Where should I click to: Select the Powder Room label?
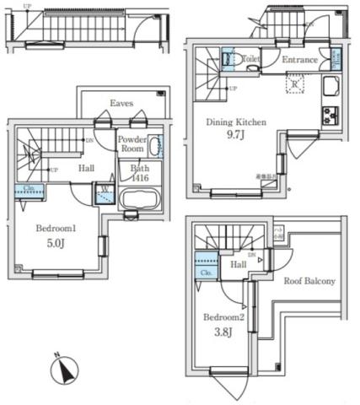click(132, 143)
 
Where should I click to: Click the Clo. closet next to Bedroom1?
click(30, 191)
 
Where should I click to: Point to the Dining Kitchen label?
click(237, 122)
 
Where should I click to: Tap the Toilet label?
click(250, 60)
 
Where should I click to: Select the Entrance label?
click(299, 60)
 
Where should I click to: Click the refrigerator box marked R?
click(296, 84)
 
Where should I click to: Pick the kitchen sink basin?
click(330, 86)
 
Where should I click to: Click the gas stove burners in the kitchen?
click(329, 116)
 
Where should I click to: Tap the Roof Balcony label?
click(309, 281)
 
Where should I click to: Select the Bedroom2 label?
click(223, 318)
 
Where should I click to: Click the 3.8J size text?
click(223, 334)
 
